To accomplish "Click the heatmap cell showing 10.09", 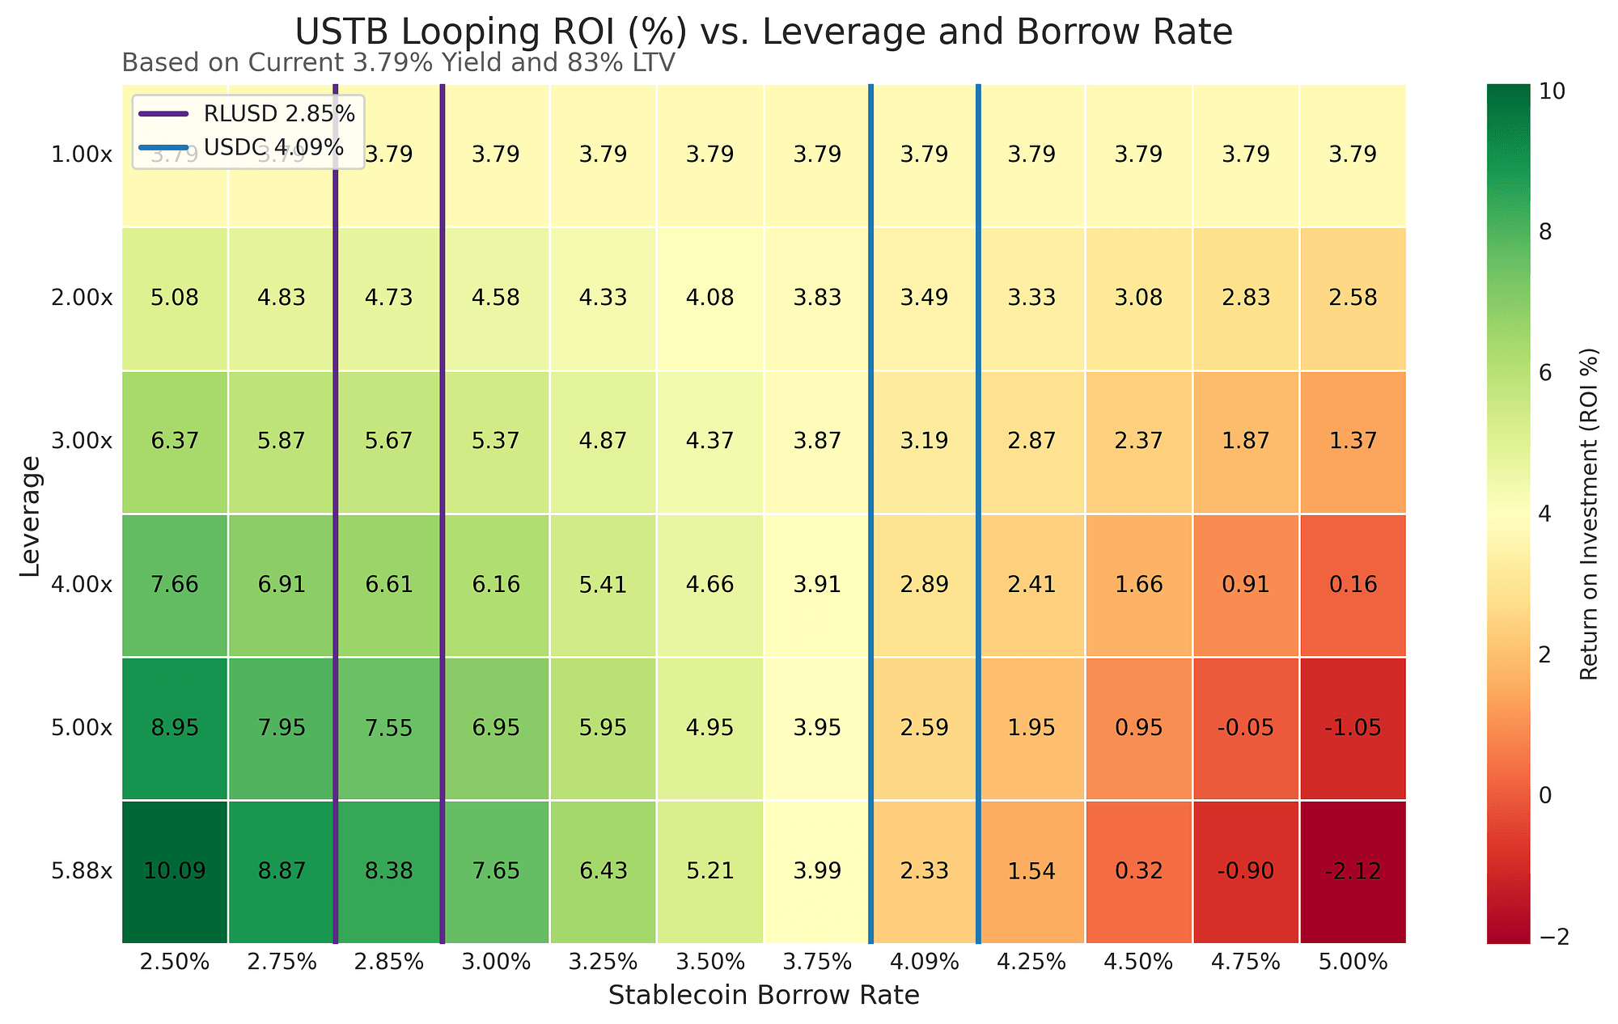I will pos(175,871).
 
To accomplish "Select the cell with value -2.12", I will pos(1353,871).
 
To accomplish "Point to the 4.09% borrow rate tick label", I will pos(925,963).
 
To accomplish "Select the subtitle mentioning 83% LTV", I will pos(398,62).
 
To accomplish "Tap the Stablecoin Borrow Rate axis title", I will pos(763,996).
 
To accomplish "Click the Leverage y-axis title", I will pos(30,515).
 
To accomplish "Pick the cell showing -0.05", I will pos(1247,728).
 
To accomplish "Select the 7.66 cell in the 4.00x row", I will pos(175,584).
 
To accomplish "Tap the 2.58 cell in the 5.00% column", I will pos(1353,298).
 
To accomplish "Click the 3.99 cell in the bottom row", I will pos(817,871).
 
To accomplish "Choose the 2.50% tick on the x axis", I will pos(175,963).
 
